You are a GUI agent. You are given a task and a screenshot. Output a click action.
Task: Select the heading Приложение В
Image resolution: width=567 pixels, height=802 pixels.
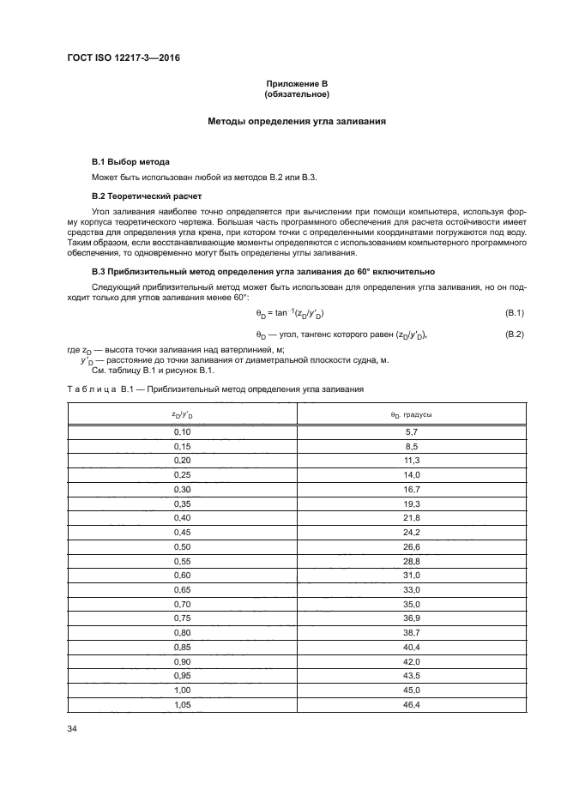[x=297, y=82]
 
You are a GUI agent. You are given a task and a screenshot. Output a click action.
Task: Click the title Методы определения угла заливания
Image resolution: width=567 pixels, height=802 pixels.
[x=297, y=122]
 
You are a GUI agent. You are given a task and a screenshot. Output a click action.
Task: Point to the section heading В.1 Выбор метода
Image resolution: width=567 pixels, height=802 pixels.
[x=130, y=161]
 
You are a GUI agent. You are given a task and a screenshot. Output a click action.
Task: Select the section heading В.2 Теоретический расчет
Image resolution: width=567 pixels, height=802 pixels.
[x=146, y=196]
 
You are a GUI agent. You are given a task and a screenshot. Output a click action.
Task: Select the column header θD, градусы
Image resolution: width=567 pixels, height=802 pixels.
[x=411, y=415]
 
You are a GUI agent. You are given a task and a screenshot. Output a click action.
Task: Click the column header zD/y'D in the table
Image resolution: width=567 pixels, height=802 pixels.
[x=182, y=415]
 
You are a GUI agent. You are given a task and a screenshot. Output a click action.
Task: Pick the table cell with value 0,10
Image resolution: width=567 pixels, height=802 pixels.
[x=182, y=432]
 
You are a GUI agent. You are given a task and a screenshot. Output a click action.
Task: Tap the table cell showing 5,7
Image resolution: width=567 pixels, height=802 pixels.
[x=411, y=432]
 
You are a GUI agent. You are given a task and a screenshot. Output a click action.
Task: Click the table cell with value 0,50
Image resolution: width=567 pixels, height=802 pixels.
[x=182, y=546]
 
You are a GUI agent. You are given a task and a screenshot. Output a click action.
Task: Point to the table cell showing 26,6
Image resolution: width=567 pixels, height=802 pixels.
[x=411, y=546]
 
